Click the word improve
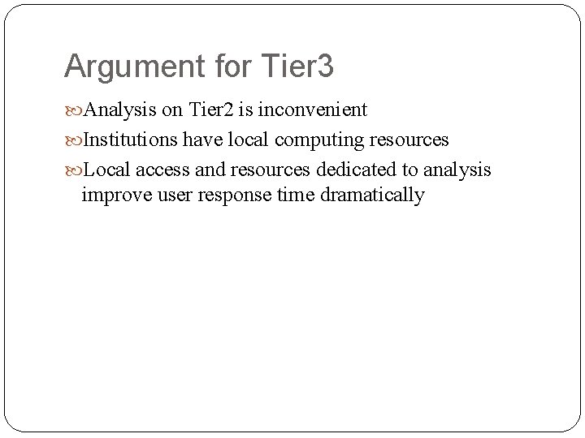112,195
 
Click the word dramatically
368,195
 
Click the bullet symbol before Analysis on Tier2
72,109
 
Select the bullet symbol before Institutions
72,140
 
